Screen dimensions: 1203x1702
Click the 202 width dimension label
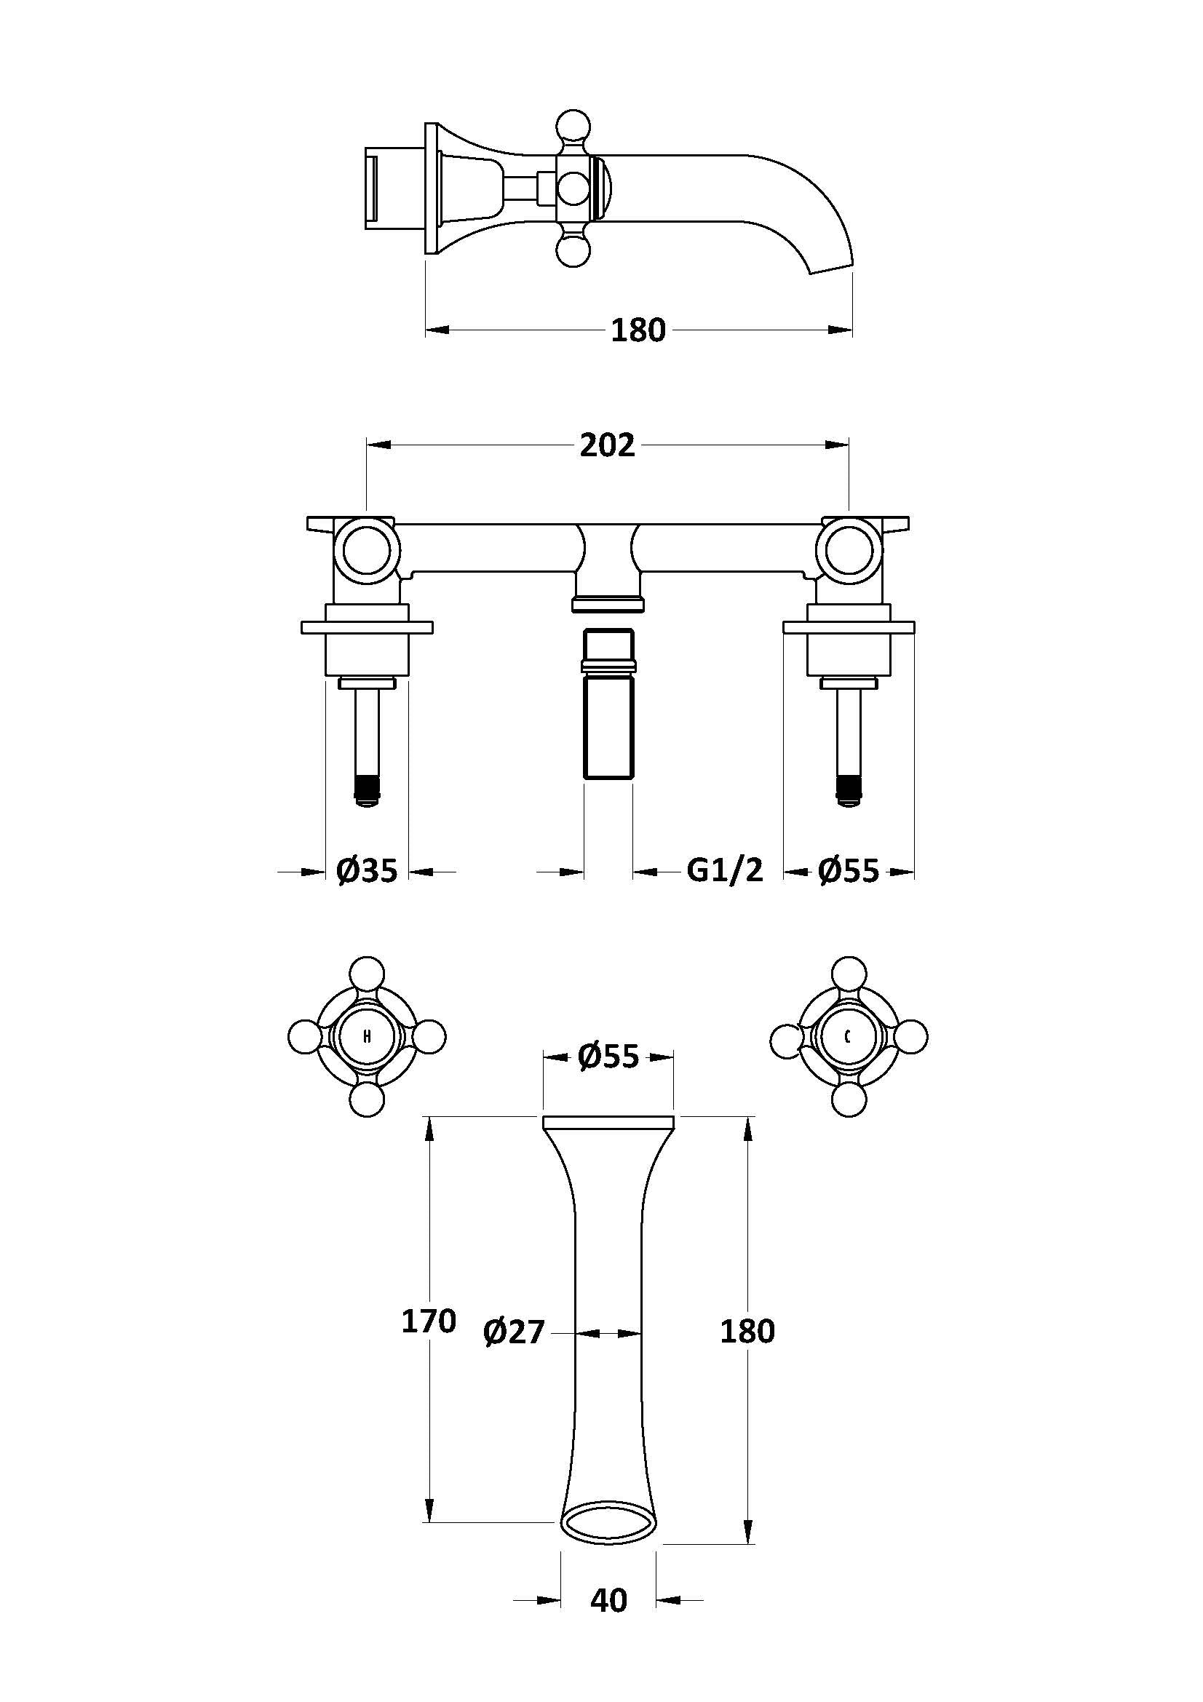607,445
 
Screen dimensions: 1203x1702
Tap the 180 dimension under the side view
638,330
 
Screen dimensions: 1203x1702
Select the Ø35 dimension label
367,870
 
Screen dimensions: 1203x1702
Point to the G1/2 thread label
725,870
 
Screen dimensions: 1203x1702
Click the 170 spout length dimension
429,1321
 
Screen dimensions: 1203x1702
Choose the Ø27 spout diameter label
514,1332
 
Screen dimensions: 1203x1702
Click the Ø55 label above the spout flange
608,1057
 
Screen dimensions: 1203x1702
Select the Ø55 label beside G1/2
849,870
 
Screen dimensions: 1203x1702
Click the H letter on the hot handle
367,1036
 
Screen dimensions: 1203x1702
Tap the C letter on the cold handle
848,1036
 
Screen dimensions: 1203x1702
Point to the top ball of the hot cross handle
367,975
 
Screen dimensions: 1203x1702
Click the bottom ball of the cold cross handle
849,1099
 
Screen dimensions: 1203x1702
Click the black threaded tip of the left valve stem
367,788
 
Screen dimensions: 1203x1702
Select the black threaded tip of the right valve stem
849,788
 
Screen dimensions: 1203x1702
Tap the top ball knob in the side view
575,126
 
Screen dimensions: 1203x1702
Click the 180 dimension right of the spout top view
747,1332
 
